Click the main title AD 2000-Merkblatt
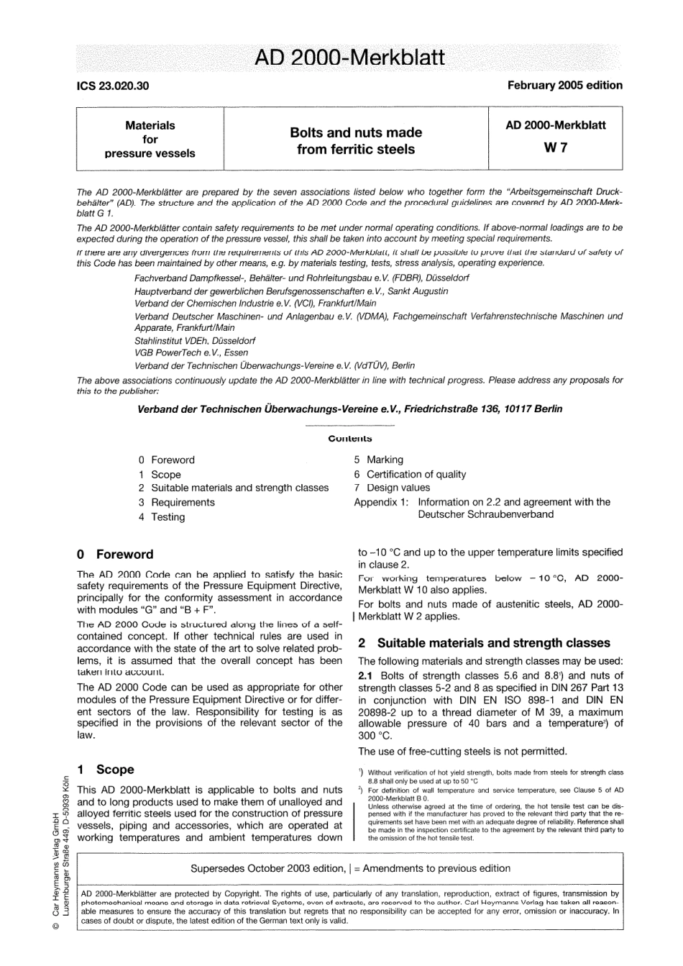(349, 58)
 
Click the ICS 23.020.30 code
(113, 86)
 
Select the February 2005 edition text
(564, 85)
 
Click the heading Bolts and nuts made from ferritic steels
(355, 141)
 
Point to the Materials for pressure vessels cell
(150, 139)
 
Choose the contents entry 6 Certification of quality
(410, 474)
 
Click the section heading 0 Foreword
(115, 555)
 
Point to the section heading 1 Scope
(106, 770)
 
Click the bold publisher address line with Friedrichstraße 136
(349, 409)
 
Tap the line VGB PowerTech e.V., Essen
(191, 352)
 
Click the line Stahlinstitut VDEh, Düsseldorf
(194, 340)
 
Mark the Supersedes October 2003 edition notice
(350, 868)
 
